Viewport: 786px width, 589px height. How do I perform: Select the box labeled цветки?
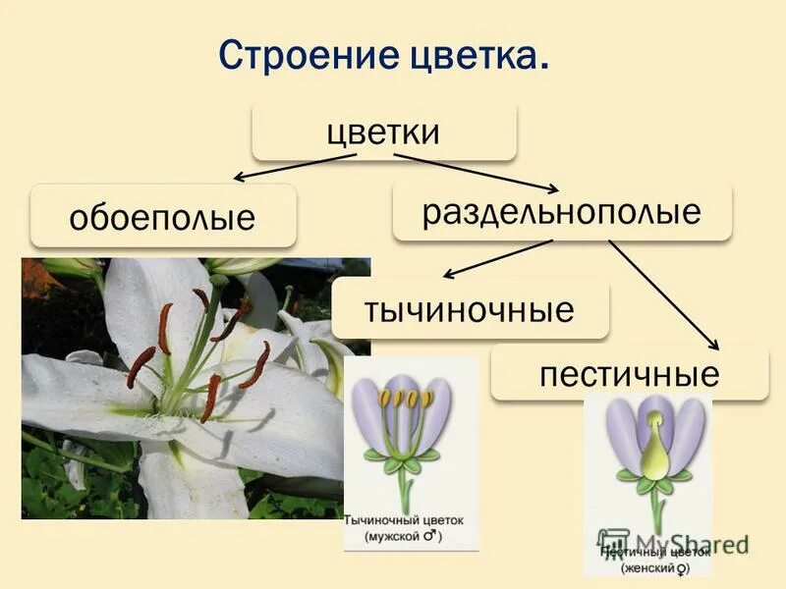coord(383,132)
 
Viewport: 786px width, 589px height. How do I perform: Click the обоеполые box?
coord(163,216)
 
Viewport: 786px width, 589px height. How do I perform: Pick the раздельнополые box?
coord(562,211)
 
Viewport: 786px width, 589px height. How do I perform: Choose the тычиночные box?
coord(470,309)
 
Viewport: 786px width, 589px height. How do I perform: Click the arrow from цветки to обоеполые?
coord(295,167)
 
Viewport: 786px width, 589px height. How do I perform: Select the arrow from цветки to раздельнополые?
coord(477,171)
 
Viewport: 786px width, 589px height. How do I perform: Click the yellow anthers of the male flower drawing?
coord(406,399)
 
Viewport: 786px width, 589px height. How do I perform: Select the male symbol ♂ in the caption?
coord(429,536)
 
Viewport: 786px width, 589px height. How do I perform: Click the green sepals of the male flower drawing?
coord(403,457)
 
